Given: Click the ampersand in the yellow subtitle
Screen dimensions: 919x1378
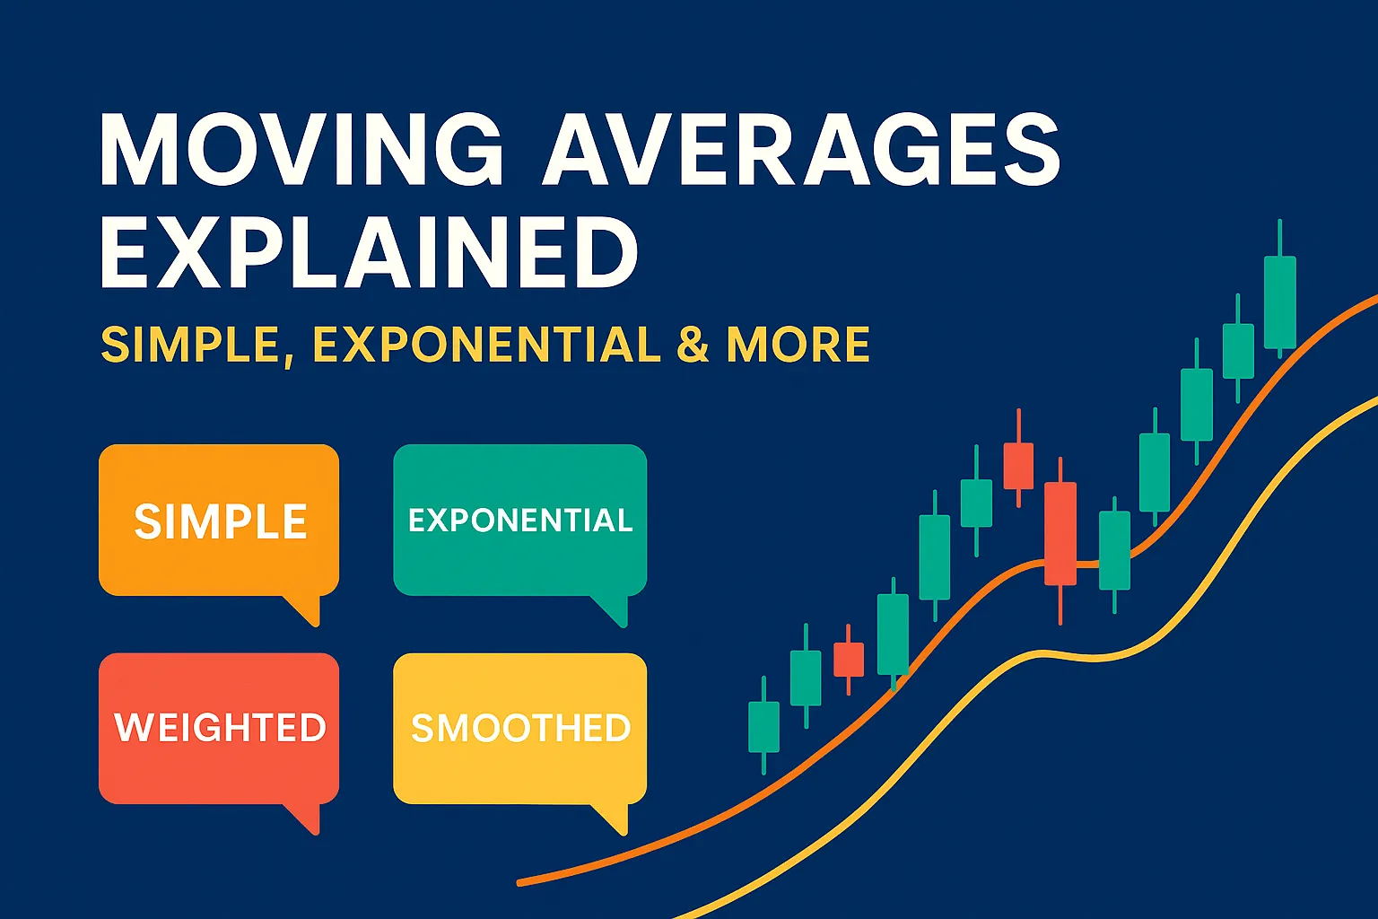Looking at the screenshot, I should tap(693, 345).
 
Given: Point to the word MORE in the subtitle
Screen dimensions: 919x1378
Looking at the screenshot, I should tap(798, 345).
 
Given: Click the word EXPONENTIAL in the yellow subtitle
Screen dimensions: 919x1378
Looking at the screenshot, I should tap(487, 345).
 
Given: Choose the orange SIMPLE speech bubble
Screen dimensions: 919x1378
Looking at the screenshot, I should tap(219, 521).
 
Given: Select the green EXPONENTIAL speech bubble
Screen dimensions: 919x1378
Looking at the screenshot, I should tap(520, 520).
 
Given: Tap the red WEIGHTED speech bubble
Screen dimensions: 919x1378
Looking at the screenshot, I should tap(219, 727).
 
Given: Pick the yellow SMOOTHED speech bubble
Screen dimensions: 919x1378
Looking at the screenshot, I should tap(520, 727).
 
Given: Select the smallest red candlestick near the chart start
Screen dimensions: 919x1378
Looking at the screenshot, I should tap(849, 659).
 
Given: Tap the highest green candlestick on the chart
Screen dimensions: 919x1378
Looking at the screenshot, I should tap(1280, 302).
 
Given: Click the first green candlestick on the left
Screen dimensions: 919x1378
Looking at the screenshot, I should tap(763, 726).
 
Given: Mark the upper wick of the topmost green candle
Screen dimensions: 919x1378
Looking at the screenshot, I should tap(1280, 238).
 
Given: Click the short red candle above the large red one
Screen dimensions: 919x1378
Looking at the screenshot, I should tap(1018, 465).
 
